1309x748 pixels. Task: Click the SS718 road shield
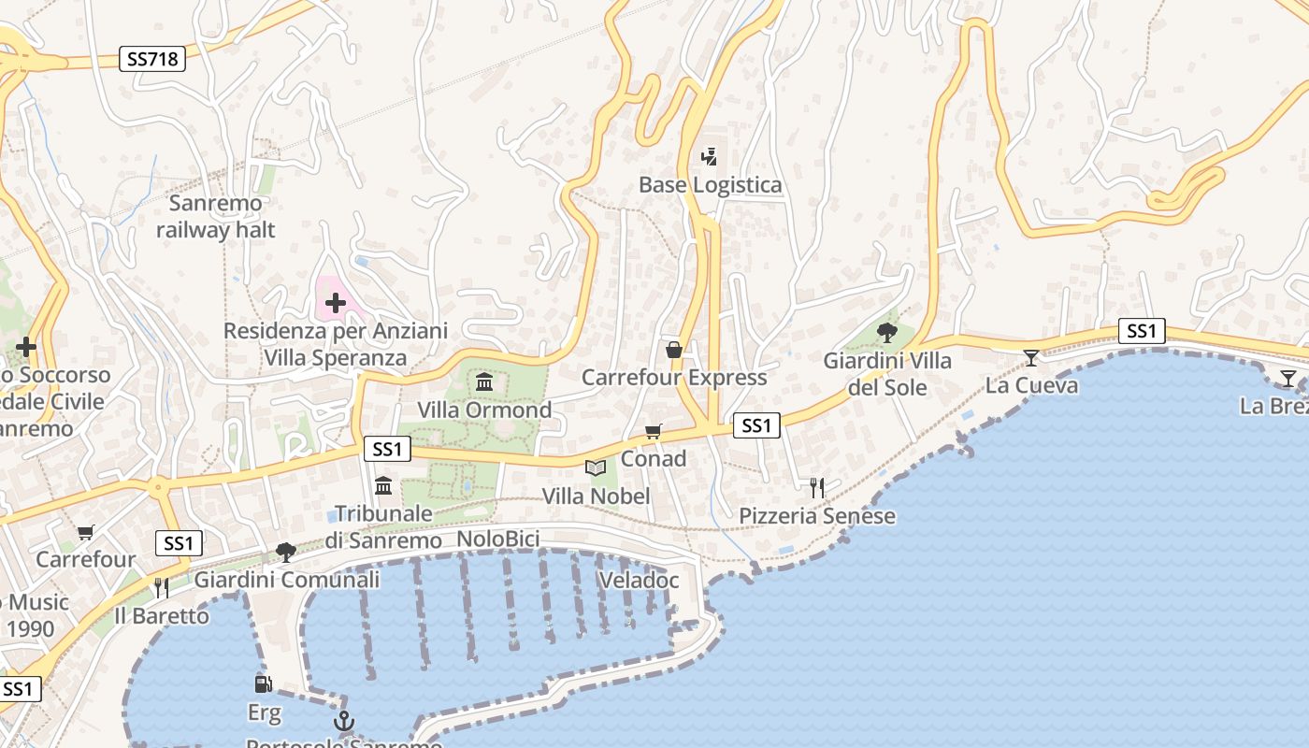152,59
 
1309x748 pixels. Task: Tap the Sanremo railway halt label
216,216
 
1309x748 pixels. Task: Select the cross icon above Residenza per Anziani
336,302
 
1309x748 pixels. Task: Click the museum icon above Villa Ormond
484,381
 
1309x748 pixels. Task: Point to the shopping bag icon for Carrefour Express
673,350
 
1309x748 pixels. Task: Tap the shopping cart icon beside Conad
654,431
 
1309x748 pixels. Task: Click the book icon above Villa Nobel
596,467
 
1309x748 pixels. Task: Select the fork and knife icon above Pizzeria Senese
817,487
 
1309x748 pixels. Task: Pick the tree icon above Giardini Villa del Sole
886,332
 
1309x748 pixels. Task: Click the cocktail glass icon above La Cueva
1031,357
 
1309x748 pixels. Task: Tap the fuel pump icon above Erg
264,684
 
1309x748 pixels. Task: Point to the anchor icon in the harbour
344,721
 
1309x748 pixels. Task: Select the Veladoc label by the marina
639,580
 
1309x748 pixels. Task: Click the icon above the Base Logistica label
710,156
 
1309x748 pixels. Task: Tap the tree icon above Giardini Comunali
286,552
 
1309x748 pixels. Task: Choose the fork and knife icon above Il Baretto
162,587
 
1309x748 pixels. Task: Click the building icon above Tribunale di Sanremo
383,485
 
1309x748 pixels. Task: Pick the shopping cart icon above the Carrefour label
86,532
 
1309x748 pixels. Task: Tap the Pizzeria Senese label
817,516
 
